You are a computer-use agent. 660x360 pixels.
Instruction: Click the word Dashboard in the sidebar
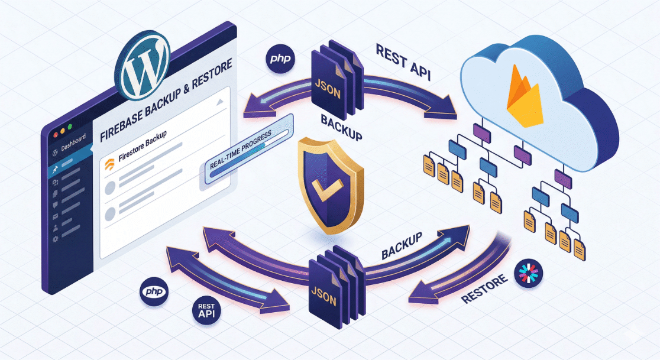[x=74, y=140]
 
